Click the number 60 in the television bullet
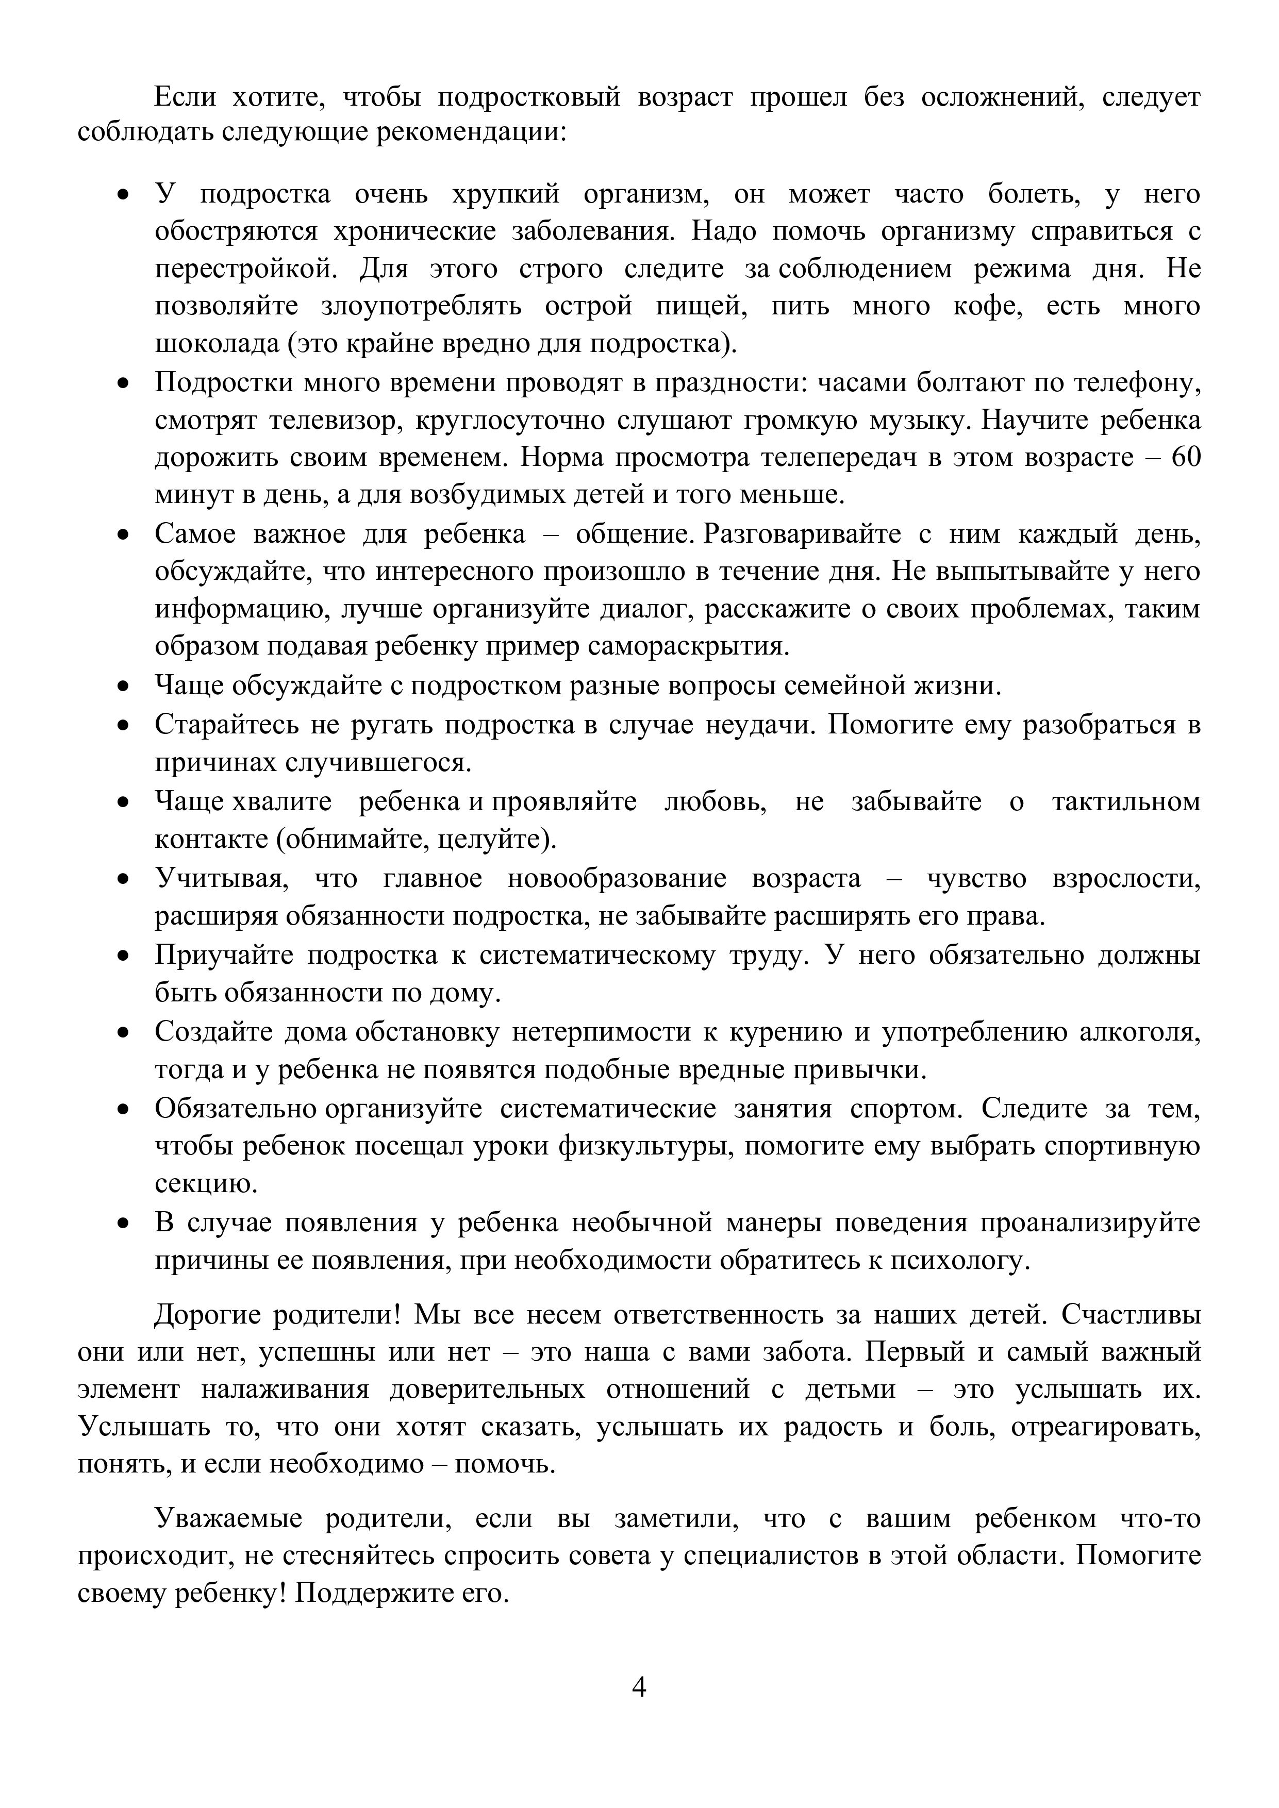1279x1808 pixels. [1185, 458]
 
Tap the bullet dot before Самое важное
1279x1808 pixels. [123, 534]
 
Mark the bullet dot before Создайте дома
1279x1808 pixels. [123, 1032]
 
